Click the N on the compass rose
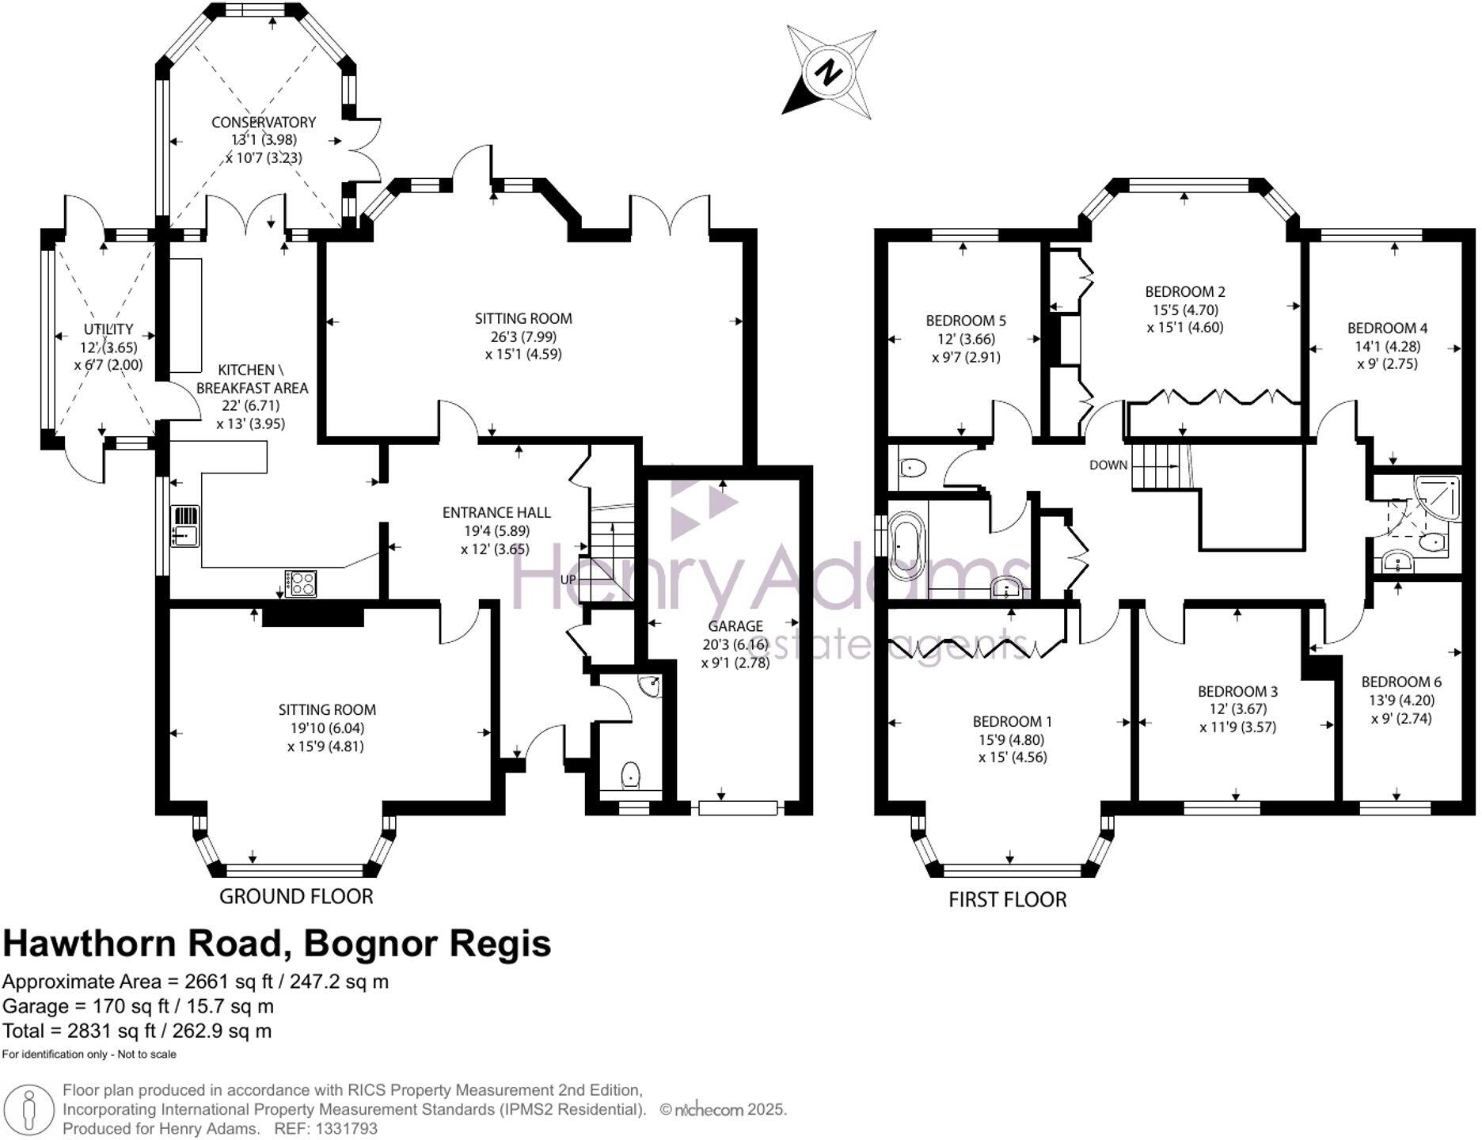pyautogui.click(x=829, y=73)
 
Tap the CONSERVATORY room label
pyautogui.click(x=263, y=122)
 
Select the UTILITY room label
pyautogui.click(x=108, y=329)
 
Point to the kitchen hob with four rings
pyautogui.click(x=301, y=583)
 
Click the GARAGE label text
pyautogui.click(x=735, y=626)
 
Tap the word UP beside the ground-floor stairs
pyautogui.click(x=568, y=579)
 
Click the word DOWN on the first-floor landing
pyautogui.click(x=1108, y=465)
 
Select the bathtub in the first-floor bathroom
pyautogui.click(x=907, y=547)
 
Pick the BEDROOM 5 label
pyautogui.click(x=965, y=321)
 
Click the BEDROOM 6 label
pyautogui.click(x=1400, y=682)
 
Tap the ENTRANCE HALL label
pyautogui.click(x=496, y=512)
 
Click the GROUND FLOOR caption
pyautogui.click(x=295, y=896)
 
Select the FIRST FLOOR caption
pyautogui.click(x=1007, y=899)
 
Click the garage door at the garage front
pyautogui.click(x=737, y=807)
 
